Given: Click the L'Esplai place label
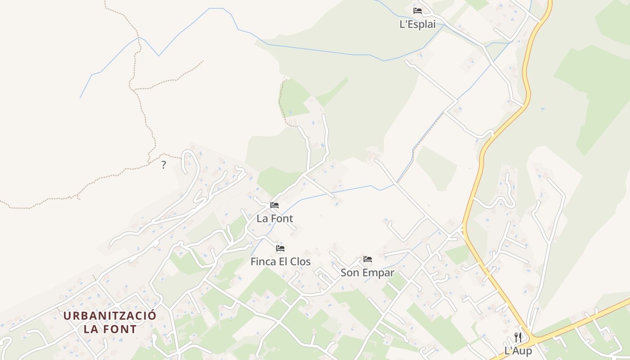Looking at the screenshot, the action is [x=418, y=24].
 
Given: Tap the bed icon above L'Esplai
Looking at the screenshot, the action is [x=418, y=10].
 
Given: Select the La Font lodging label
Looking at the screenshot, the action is [x=274, y=219].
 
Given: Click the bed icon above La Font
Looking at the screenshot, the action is [x=274, y=205].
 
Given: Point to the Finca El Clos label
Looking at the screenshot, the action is [x=280, y=261].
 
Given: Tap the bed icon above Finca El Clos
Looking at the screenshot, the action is [x=280, y=248].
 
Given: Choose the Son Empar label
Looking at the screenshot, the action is [x=367, y=273].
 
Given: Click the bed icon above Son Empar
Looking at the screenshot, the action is [x=368, y=259].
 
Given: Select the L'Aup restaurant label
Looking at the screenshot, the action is [x=518, y=351].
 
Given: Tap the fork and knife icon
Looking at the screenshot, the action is [x=518, y=337].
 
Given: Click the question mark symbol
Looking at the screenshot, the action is [x=163, y=165].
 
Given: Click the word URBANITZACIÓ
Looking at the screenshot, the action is [x=110, y=315].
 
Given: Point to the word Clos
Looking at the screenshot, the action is [x=300, y=261].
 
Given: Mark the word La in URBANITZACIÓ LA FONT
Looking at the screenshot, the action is [x=91, y=329].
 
